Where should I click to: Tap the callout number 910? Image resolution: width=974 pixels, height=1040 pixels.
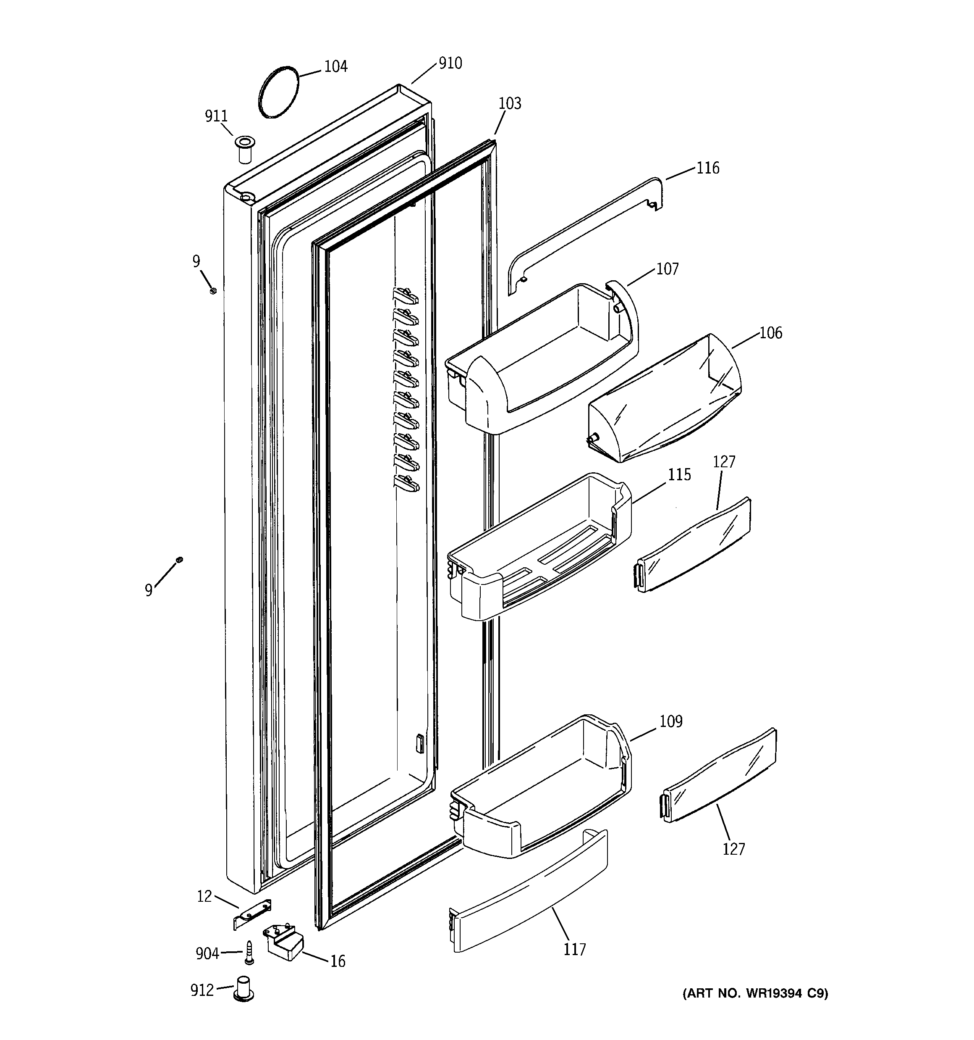(450, 63)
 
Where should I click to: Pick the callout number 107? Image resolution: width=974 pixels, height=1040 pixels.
(667, 269)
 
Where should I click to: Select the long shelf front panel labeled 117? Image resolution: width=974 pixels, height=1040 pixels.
(528, 900)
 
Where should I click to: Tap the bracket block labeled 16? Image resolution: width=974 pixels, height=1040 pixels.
(285, 945)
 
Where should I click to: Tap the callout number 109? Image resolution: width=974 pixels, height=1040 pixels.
(671, 721)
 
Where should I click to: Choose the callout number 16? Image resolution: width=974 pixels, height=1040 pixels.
(338, 961)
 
